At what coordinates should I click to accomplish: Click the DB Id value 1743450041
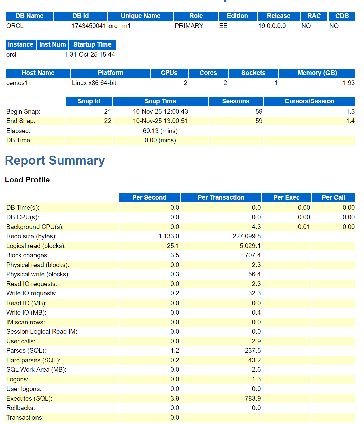pyautogui.click(x=89, y=26)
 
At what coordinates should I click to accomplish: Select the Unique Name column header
pyautogui.click(x=140, y=16)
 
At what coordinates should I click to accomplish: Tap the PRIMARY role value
pyautogui.click(x=189, y=26)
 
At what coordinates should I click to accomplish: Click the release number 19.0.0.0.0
pyautogui.click(x=272, y=26)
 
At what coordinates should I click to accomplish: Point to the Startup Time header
pyautogui.click(x=92, y=45)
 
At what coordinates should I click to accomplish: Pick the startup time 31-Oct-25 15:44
pyautogui.click(x=92, y=54)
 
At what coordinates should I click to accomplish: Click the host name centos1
pyautogui.click(x=17, y=83)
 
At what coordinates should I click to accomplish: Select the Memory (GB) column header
pyautogui.click(x=317, y=73)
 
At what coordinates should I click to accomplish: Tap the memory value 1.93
pyautogui.click(x=348, y=83)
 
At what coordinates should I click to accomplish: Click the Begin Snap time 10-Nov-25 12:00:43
pyautogui.click(x=160, y=111)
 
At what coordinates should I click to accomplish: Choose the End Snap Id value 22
pyautogui.click(x=107, y=121)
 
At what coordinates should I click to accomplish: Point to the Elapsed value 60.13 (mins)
pyautogui.click(x=160, y=131)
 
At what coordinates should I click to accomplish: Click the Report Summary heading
pyautogui.click(x=55, y=160)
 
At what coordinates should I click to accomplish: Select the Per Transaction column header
pyautogui.click(x=221, y=198)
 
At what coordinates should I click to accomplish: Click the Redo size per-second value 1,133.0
pyautogui.click(x=169, y=236)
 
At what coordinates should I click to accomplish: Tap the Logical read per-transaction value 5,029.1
pyautogui.click(x=250, y=246)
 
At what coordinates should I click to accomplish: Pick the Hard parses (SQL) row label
pyautogui.click(x=33, y=360)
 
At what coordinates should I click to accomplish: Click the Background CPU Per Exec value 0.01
pyautogui.click(x=304, y=227)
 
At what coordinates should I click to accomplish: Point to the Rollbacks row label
pyautogui.click(x=20, y=408)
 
